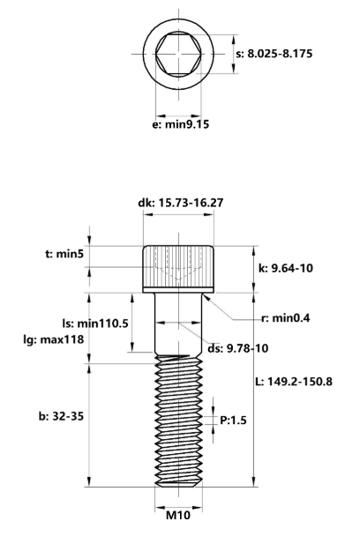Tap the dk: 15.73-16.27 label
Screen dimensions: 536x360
pyautogui.click(x=180, y=203)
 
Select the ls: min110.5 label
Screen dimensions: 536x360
pyautogui.click(x=89, y=324)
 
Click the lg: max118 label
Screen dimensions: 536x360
pyautogui.click(x=58, y=339)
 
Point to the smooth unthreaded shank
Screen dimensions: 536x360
pyautogui.click(x=180, y=322)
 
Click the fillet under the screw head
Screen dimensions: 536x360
pyautogui.click(x=204, y=297)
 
